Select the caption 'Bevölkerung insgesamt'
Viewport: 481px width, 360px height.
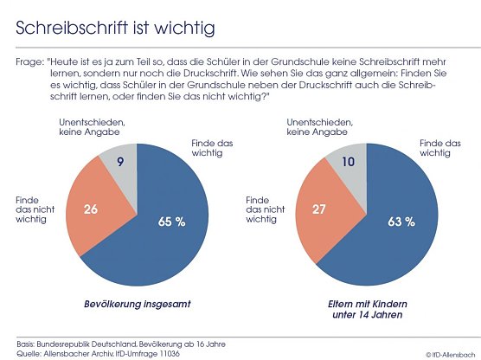[x=137, y=305]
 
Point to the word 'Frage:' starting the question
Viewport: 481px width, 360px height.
[x=30, y=62]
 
